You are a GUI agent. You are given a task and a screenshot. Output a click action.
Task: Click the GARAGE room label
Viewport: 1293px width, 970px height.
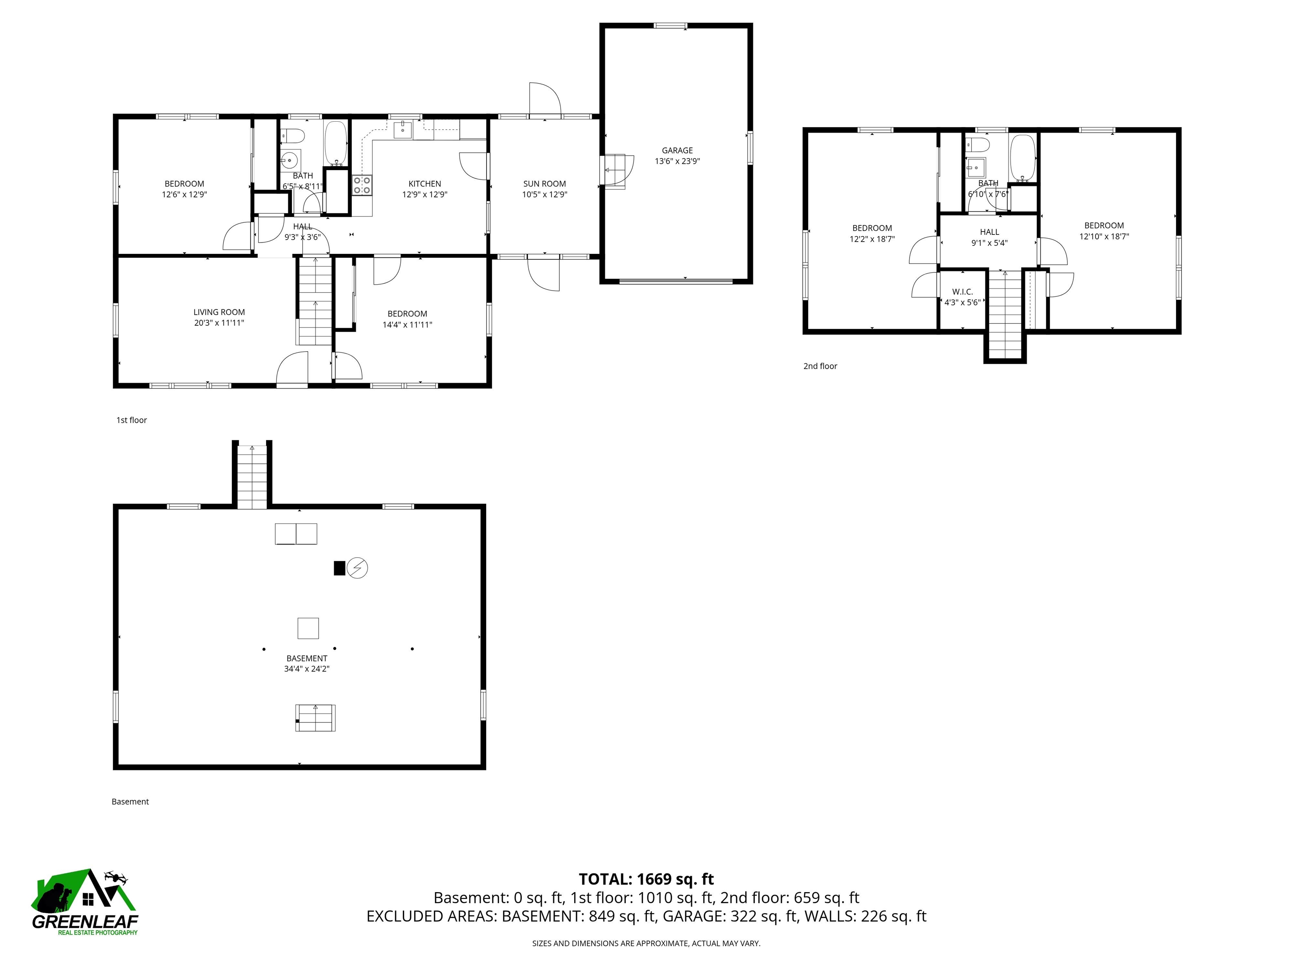click(677, 150)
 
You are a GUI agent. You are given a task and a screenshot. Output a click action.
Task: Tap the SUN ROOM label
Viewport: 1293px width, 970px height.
click(544, 184)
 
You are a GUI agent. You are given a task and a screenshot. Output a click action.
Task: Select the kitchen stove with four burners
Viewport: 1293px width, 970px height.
click(362, 185)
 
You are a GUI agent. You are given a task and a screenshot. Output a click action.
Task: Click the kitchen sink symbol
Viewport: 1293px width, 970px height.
click(403, 129)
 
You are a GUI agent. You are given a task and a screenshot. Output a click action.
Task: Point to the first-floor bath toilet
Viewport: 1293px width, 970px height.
click(294, 136)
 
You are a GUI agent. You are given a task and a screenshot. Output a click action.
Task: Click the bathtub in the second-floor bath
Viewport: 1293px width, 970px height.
click(1022, 158)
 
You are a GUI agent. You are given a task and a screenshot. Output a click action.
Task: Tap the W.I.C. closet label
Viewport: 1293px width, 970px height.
click(962, 292)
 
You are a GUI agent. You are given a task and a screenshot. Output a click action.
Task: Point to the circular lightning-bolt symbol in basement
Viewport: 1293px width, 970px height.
click(357, 568)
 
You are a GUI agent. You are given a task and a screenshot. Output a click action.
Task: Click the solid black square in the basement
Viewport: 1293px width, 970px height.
click(339, 568)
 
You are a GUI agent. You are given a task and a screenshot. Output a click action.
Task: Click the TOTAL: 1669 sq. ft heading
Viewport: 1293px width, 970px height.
click(646, 879)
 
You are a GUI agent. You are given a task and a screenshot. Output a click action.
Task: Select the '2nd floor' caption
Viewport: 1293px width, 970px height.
click(819, 366)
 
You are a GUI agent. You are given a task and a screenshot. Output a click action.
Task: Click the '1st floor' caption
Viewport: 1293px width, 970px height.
click(131, 420)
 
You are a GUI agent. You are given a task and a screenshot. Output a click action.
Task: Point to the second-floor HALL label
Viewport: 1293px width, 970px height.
click(989, 232)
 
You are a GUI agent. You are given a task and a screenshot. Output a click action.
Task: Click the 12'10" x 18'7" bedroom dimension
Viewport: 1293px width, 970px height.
click(1104, 237)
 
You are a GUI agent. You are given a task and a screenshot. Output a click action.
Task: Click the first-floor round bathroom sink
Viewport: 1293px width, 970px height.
click(289, 159)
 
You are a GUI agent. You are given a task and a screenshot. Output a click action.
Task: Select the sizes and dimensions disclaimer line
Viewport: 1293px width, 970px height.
click(646, 943)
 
